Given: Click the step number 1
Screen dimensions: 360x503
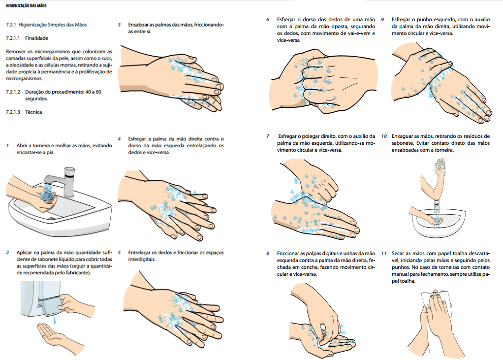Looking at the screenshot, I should (8, 146).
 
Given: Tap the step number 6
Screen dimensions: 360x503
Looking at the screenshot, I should (268, 20).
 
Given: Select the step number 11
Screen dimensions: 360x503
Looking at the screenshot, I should (384, 253).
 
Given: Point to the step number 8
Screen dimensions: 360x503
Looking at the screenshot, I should (268, 253).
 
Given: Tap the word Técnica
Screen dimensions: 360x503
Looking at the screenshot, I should (33, 112).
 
